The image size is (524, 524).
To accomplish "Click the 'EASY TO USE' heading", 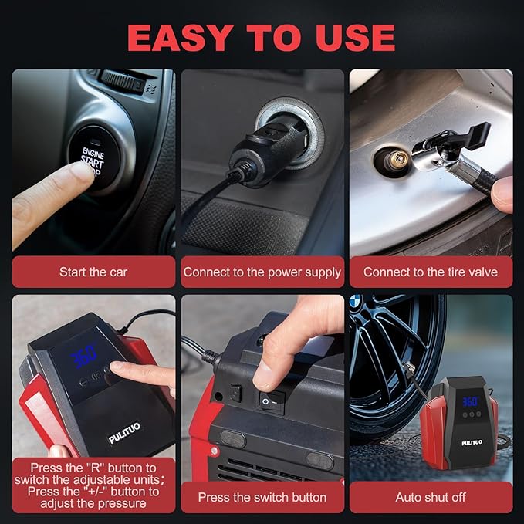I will coord(261,36).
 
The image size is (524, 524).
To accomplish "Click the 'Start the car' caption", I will coord(93,272).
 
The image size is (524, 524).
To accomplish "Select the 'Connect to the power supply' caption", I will coord(262,272).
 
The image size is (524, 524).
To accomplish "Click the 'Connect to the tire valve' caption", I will coord(430,272).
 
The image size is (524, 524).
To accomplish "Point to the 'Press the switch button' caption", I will coord(262,497).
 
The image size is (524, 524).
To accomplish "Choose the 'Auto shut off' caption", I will coord(430,497).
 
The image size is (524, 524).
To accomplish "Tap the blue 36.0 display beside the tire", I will coord(469,401).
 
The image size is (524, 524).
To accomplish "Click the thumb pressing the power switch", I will coord(270,368).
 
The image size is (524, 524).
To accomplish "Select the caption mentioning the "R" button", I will coord(93,485).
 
